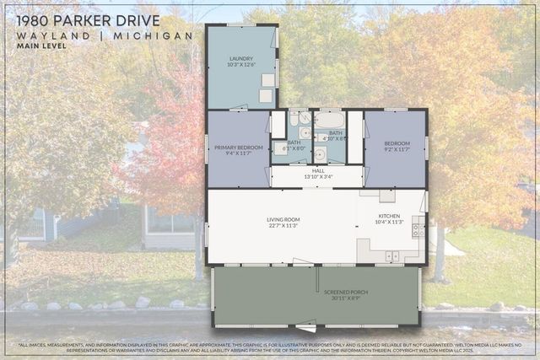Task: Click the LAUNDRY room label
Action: click(x=240, y=58)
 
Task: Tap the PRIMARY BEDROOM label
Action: click(x=239, y=148)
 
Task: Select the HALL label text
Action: click(x=317, y=170)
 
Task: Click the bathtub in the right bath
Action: click(x=328, y=121)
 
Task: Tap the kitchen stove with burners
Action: click(x=418, y=227)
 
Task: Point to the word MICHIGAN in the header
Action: click(x=160, y=36)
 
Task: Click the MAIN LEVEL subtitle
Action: click(x=41, y=46)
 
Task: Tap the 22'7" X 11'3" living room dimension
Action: click(x=283, y=225)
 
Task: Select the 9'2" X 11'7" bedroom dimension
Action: click(x=397, y=149)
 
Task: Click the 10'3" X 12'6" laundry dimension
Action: click(x=240, y=65)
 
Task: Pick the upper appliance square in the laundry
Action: click(x=267, y=81)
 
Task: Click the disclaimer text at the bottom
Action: click(x=270, y=347)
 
